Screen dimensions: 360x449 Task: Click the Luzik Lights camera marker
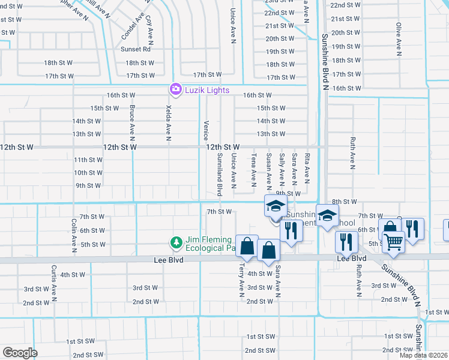175,89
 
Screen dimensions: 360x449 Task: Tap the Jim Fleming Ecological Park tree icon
176,243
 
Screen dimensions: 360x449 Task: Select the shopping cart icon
393,242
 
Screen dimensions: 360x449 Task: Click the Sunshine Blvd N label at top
325,59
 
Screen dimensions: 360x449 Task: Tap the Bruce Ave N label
131,121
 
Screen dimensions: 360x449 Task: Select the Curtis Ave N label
53,283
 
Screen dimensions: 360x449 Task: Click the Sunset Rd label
135,49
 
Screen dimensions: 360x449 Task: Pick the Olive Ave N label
399,38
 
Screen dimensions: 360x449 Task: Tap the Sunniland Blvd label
219,175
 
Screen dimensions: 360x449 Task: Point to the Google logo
19,353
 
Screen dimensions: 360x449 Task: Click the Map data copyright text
423,355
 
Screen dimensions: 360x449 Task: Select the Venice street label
205,128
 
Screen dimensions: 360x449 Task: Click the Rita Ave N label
307,167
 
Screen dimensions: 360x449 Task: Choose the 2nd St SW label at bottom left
88,355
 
